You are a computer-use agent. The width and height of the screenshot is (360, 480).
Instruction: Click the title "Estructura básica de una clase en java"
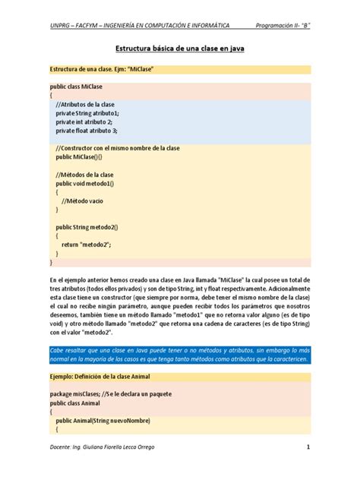coord(179,48)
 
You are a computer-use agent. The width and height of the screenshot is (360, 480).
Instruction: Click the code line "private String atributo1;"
coord(87,113)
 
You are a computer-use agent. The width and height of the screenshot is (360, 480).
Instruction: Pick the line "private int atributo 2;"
coord(84,122)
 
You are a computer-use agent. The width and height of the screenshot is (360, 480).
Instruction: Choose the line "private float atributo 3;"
coord(87,131)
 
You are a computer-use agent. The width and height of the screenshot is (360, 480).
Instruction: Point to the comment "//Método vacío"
coord(85,201)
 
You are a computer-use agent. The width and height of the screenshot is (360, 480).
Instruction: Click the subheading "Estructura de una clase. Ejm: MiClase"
coord(101,70)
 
